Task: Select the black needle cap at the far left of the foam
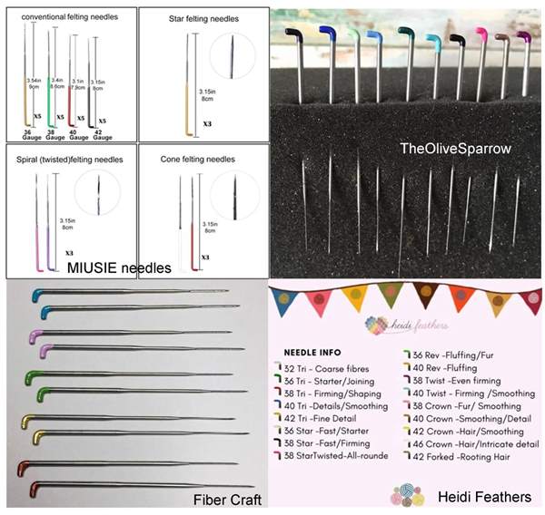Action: click(293, 34)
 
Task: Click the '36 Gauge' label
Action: click(28, 134)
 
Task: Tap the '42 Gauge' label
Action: click(101, 134)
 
